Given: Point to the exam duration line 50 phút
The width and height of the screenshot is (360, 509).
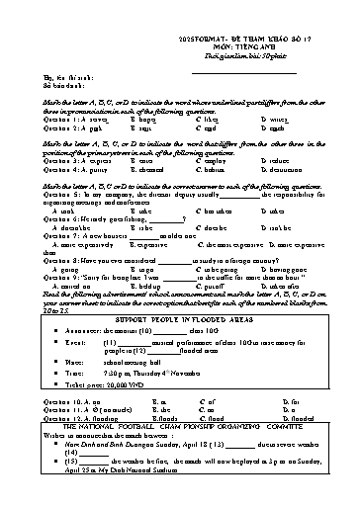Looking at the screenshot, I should pyautogui.click(x=208, y=44).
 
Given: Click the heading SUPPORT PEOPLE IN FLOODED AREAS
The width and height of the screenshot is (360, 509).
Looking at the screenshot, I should pyautogui.click(x=180, y=322).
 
